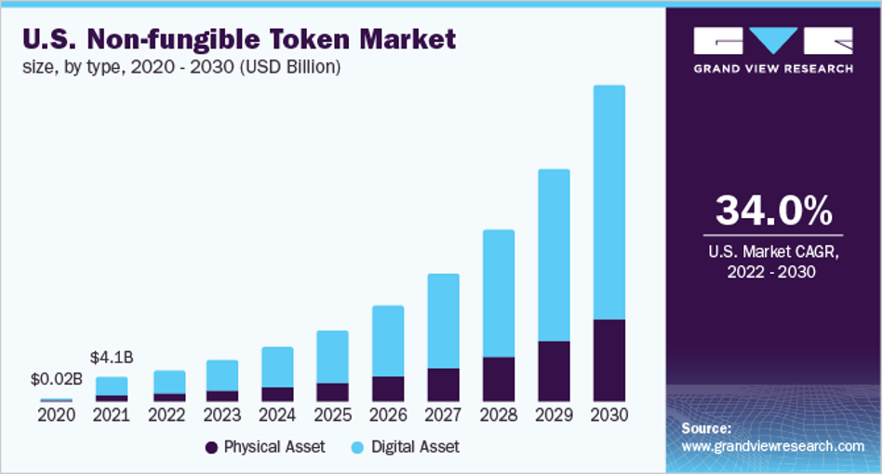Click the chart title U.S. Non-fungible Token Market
click(238, 40)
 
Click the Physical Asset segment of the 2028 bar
click(498, 379)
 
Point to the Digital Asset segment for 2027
click(443, 320)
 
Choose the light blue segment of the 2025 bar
click(332, 356)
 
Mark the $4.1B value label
click(112, 357)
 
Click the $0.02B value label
click(57, 379)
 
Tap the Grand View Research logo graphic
click(772, 41)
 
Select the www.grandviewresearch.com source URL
click(773, 446)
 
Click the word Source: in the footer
click(706, 428)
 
